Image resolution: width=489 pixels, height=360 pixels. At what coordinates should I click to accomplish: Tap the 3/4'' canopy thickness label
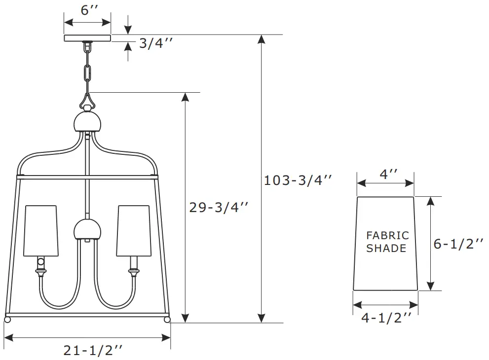[x=155, y=43]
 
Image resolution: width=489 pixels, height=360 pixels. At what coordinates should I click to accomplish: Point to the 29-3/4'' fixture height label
[x=219, y=208]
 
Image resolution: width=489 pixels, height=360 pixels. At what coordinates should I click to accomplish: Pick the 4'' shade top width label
[x=385, y=174]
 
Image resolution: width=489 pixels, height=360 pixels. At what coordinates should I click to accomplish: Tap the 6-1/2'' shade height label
[x=458, y=244]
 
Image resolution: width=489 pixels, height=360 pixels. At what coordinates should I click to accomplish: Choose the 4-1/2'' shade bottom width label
[x=386, y=318]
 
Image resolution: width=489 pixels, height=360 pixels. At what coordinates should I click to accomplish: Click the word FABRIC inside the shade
[x=387, y=236]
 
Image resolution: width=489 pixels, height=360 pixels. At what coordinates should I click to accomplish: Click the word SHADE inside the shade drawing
[x=386, y=249]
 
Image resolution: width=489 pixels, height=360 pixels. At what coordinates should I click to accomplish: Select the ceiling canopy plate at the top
[x=87, y=38]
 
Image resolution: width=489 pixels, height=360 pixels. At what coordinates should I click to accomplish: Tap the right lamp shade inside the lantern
[x=133, y=231]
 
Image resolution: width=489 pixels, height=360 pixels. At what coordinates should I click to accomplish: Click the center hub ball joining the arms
[x=87, y=229]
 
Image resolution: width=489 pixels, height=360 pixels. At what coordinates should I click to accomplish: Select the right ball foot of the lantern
[x=167, y=320]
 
